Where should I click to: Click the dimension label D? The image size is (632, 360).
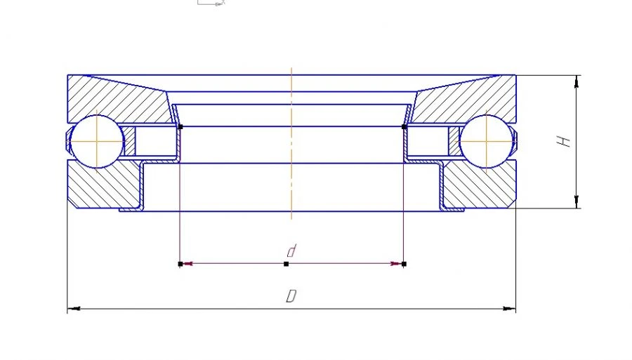(x=290, y=297)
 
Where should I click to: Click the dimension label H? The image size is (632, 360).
(x=563, y=141)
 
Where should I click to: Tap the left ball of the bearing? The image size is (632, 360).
(x=96, y=141)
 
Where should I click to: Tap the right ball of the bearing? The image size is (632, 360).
(x=487, y=141)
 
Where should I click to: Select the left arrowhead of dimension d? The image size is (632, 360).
(x=187, y=264)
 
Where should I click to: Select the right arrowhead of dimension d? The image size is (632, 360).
(x=397, y=264)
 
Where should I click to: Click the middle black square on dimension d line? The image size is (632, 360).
(x=286, y=264)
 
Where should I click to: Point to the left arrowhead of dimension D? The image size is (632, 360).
(x=72, y=308)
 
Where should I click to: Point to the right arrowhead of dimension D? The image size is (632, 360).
(x=511, y=308)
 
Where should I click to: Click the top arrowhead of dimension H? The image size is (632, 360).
(x=577, y=80)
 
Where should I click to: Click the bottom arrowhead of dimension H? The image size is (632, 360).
(x=577, y=203)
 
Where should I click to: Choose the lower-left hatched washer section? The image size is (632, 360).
(x=105, y=186)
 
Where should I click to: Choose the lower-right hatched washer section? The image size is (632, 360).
(x=478, y=186)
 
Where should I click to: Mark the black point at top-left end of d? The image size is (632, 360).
(x=180, y=127)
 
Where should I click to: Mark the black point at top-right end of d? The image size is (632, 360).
(x=403, y=127)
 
